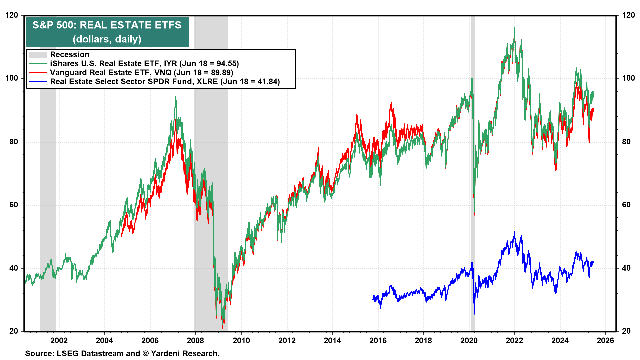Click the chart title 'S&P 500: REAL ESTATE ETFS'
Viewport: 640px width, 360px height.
107,25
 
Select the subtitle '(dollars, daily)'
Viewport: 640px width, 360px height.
107,39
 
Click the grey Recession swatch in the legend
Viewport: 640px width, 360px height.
38,55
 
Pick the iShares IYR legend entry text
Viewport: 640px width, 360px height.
144,64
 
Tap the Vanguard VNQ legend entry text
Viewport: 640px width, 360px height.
141,73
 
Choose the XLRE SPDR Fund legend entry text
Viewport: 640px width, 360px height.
165,82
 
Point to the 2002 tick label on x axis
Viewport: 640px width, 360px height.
59,340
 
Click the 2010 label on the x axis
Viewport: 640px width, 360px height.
241,340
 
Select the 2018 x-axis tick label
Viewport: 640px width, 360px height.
423,340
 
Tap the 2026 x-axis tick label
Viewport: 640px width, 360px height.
605,340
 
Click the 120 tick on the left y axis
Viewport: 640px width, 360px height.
12,15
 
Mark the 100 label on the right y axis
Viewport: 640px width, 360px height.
628,78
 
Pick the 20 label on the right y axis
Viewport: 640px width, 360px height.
626,331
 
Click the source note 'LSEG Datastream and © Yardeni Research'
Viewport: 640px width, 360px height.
122,353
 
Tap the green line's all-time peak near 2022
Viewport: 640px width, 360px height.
514,28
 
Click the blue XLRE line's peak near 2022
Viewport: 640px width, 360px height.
514,232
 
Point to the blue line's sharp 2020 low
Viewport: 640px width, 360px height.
474,313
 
